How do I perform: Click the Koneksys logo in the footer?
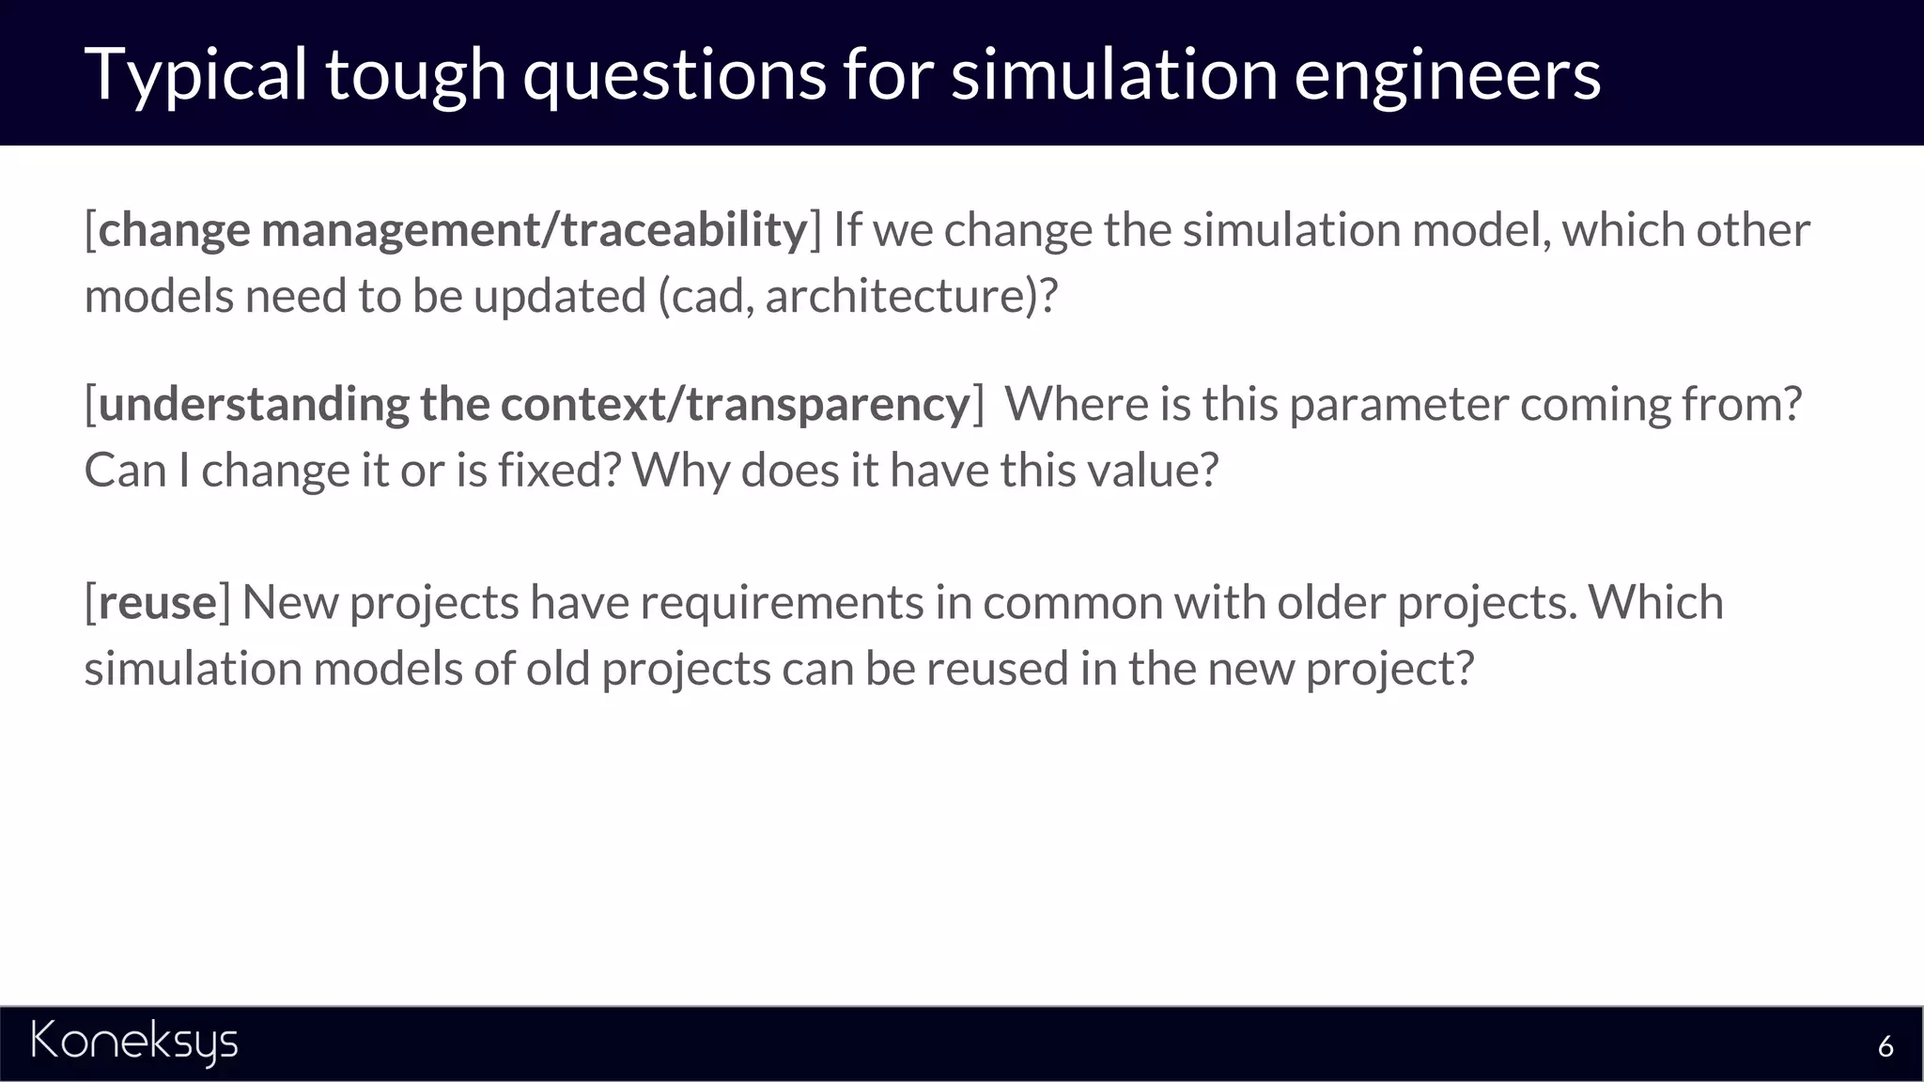[x=134, y=1042]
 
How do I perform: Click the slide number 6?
[x=1885, y=1046]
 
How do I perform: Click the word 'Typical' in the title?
[x=195, y=74]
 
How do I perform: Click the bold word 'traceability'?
[x=684, y=230]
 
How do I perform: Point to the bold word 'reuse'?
[x=157, y=602]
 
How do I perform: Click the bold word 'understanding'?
[x=254, y=405]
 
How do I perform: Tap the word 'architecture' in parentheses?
[x=900, y=297]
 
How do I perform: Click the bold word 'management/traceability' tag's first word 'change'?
[x=174, y=230]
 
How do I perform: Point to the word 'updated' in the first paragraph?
[x=559, y=297]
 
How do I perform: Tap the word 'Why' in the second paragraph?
[x=679, y=471]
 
